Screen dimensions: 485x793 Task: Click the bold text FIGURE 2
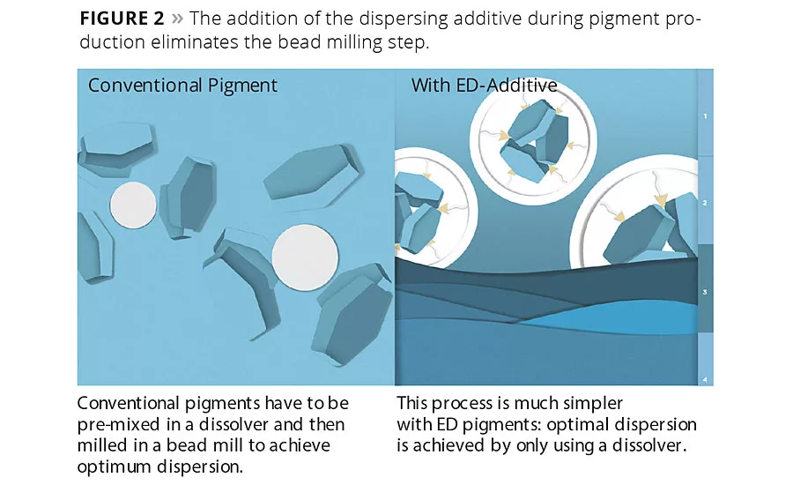coord(125,18)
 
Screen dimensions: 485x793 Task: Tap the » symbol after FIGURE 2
coord(181,19)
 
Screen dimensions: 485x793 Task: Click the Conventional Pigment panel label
coord(182,86)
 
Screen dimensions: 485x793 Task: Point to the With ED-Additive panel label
coord(484,86)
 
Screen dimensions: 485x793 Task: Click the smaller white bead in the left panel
coord(133,205)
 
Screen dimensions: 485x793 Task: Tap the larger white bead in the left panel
coord(305,257)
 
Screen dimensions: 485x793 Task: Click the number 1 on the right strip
coord(705,116)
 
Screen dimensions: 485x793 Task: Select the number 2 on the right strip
coord(705,203)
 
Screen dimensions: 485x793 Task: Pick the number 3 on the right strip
coord(705,291)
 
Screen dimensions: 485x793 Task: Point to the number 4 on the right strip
coord(705,379)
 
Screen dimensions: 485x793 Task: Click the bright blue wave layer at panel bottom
coord(617,323)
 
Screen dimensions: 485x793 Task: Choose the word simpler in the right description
coord(592,403)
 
